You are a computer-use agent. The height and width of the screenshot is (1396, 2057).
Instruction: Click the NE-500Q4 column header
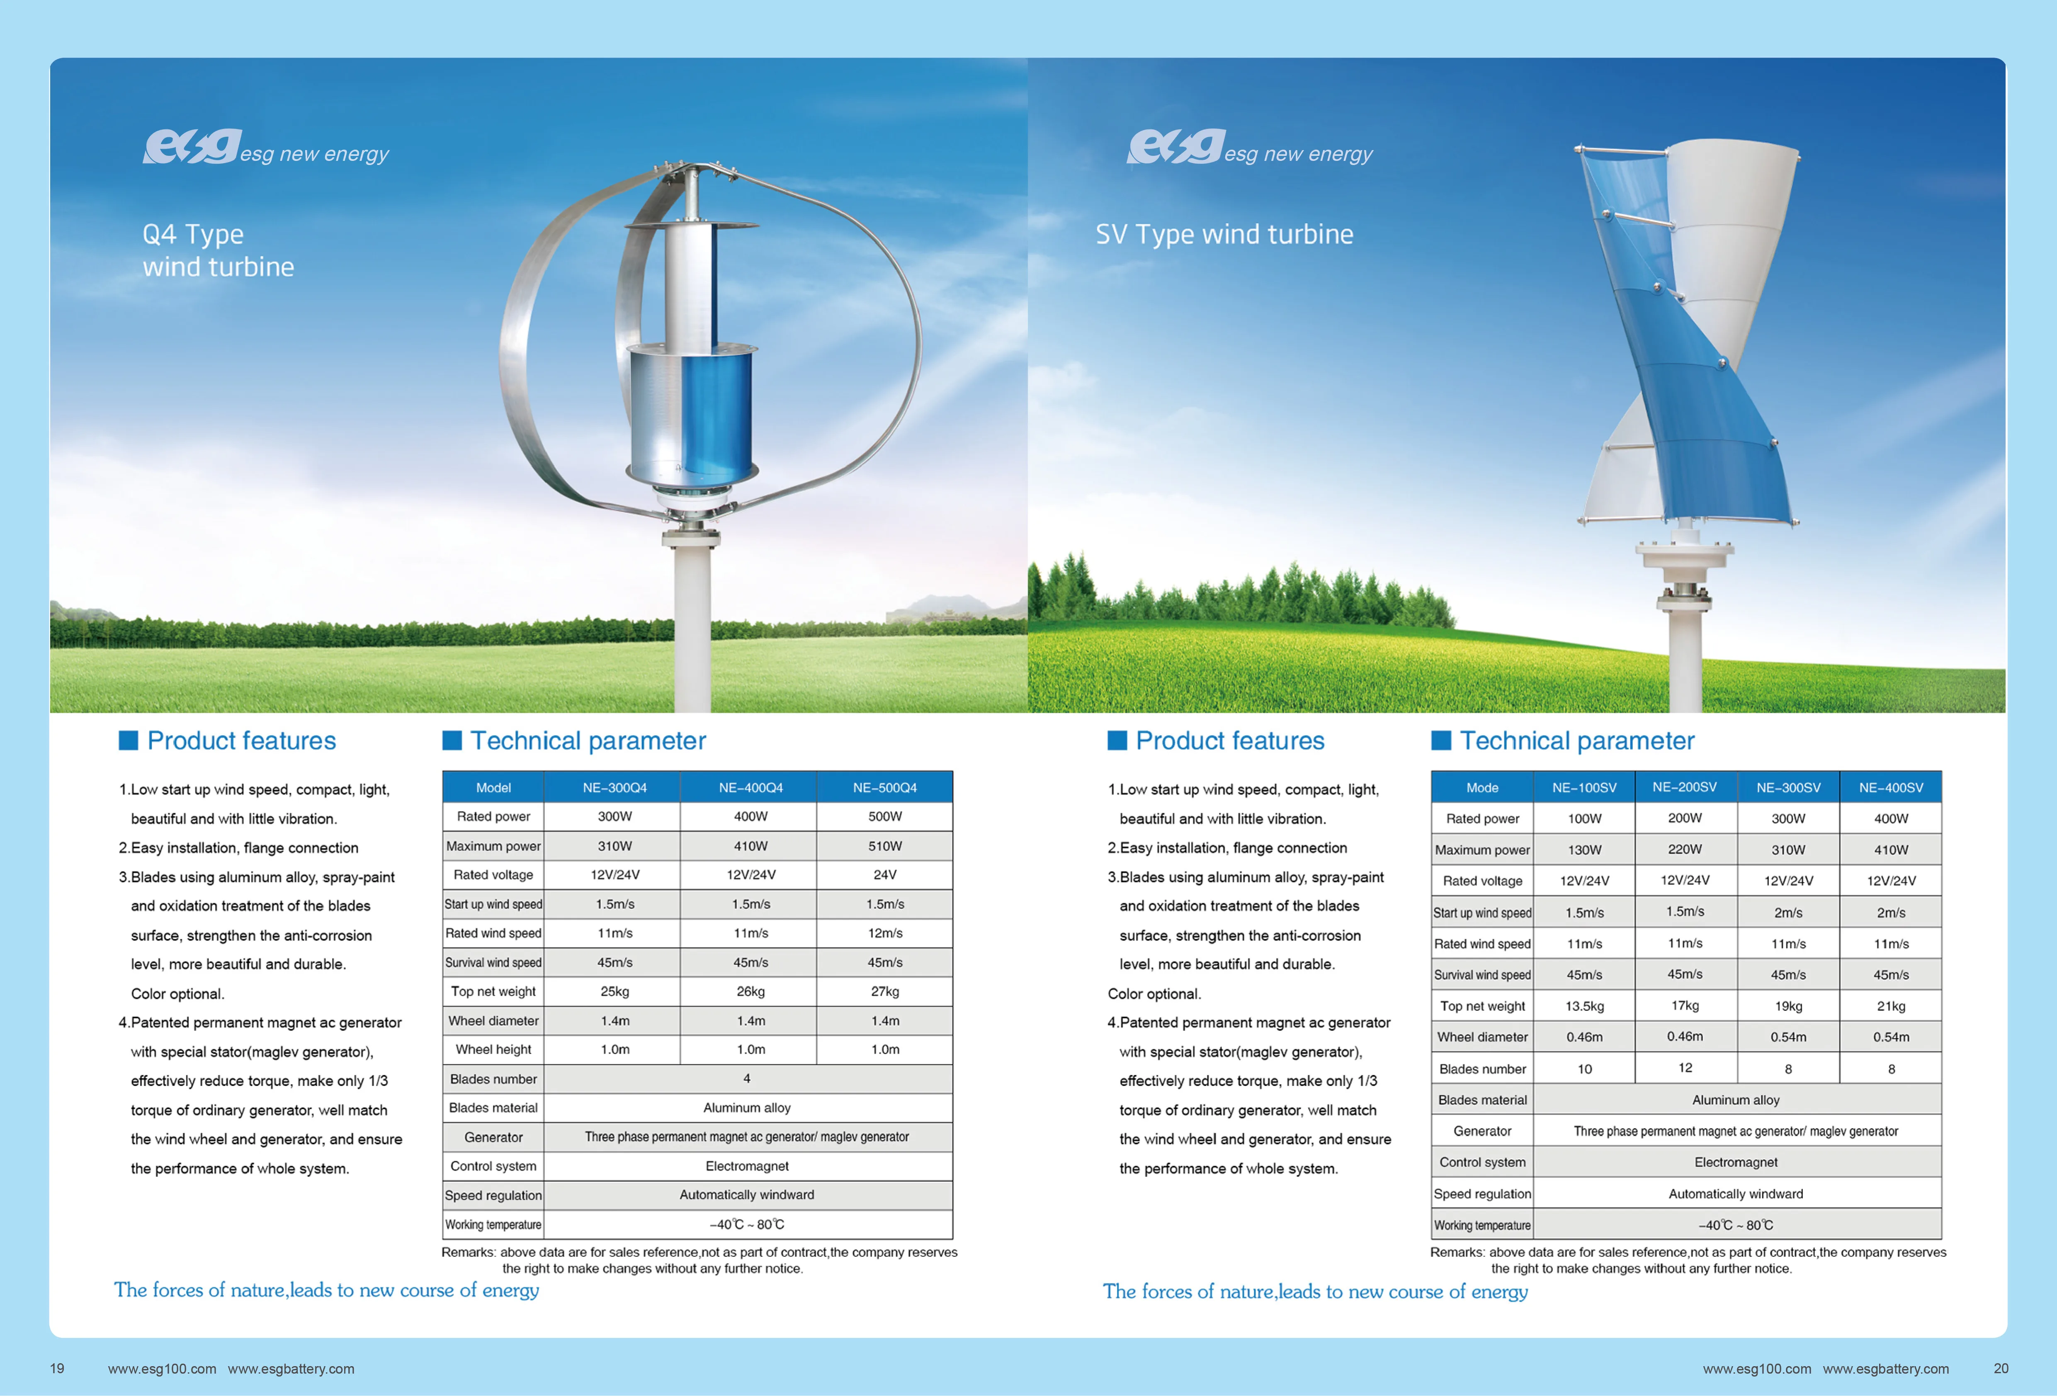point(884,787)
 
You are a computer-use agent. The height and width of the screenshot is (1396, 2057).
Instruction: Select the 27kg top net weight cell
point(884,991)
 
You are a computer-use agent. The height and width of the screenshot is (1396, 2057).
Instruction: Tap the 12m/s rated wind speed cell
point(884,933)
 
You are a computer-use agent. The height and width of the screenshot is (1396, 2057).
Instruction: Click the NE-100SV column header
point(1584,787)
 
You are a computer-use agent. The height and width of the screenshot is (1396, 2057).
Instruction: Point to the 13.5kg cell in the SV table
point(1584,1005)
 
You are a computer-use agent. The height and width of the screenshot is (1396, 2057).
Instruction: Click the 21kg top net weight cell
point(1891,1005)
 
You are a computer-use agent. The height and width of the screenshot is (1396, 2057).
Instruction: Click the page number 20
point(2000,1369)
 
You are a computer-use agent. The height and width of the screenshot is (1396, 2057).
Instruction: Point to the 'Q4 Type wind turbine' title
point(218,250)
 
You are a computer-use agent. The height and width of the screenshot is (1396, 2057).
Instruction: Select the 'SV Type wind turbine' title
point(1224,235)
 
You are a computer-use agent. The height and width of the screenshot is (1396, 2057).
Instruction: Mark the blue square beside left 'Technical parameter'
point(452,740)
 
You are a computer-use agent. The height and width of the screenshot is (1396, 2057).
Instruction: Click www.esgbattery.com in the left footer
point(291,1369)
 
